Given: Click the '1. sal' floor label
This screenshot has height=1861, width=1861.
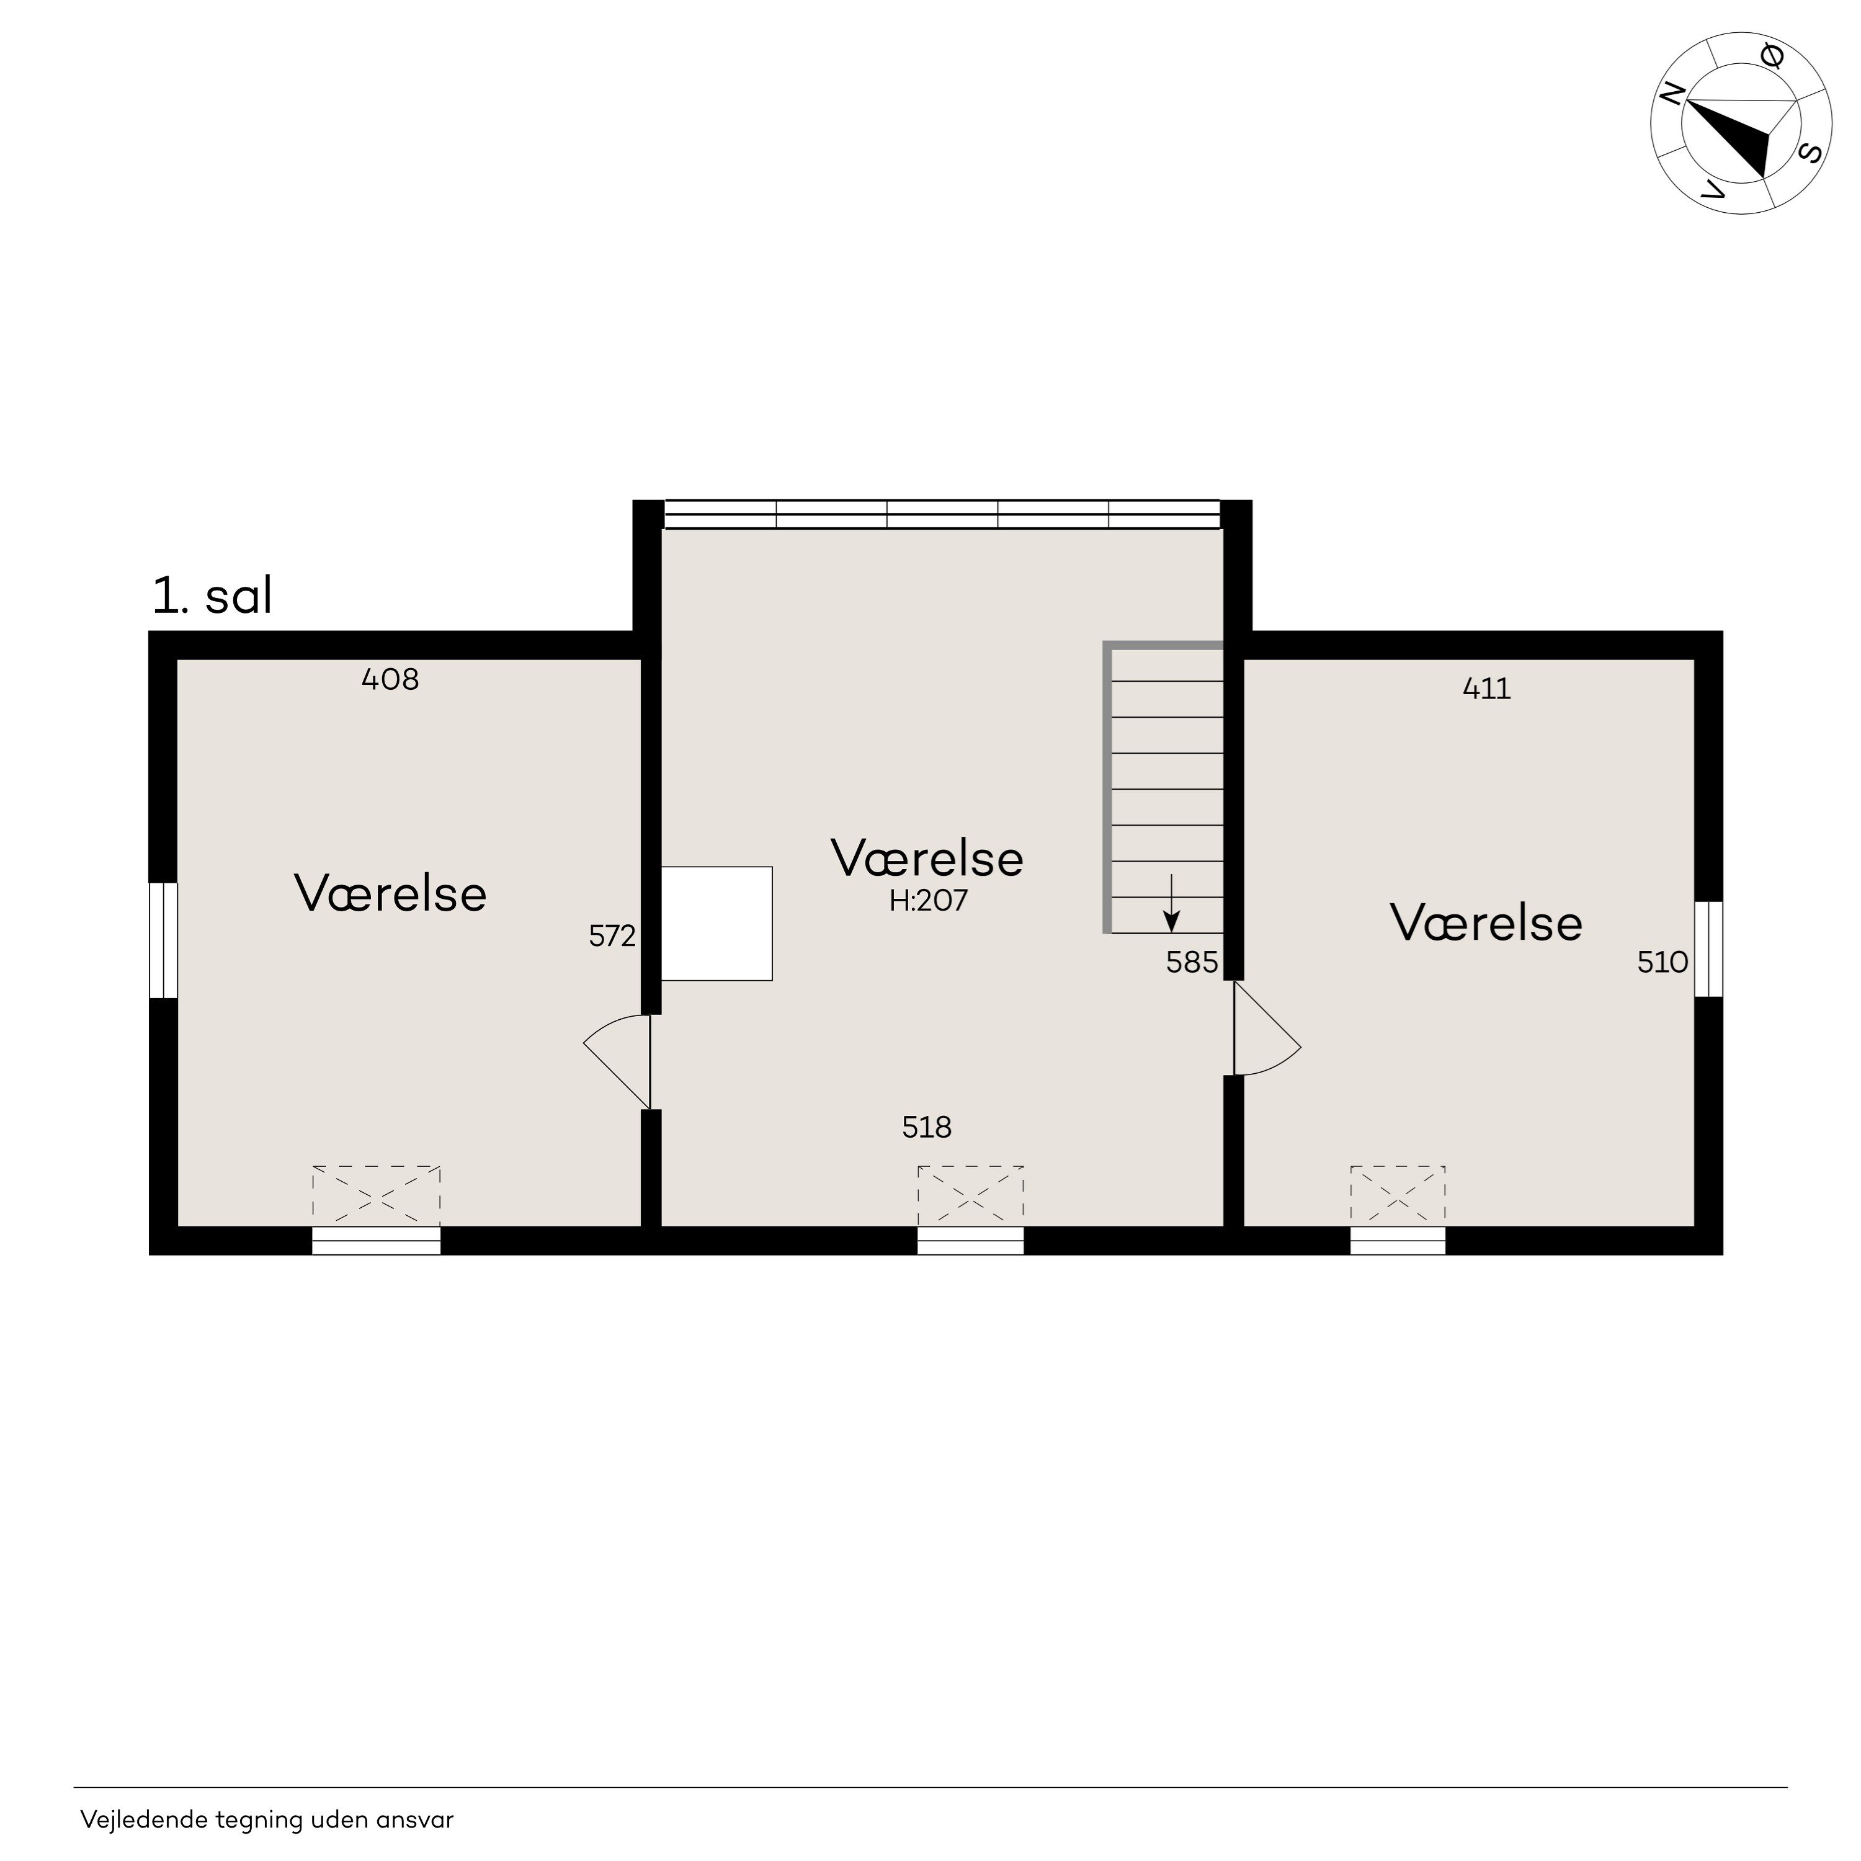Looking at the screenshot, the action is (x=212, y=596).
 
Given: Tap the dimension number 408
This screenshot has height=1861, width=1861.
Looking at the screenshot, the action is (x=390, y=680).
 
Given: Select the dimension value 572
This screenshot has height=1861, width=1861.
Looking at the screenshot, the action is (x=613, y=935).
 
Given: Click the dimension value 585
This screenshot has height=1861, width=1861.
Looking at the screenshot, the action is (x=1192, y=962).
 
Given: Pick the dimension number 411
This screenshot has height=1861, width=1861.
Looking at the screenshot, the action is (x=1486, y=689).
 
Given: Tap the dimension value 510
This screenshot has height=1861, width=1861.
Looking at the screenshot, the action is (x=1662, y=962).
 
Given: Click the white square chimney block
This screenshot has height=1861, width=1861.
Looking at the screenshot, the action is (x=716, y=924).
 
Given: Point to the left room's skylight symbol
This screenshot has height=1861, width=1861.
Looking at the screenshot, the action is (x=376, y=1197).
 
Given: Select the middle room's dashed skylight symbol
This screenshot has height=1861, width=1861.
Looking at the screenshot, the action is (x=970, y=1197).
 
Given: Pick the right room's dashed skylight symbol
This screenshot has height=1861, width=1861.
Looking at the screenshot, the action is (x=1398, y=1197).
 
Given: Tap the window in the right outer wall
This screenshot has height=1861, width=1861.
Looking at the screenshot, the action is (x=1708, y=949).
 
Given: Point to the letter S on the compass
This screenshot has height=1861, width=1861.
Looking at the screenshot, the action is (x=1810, y=153).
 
